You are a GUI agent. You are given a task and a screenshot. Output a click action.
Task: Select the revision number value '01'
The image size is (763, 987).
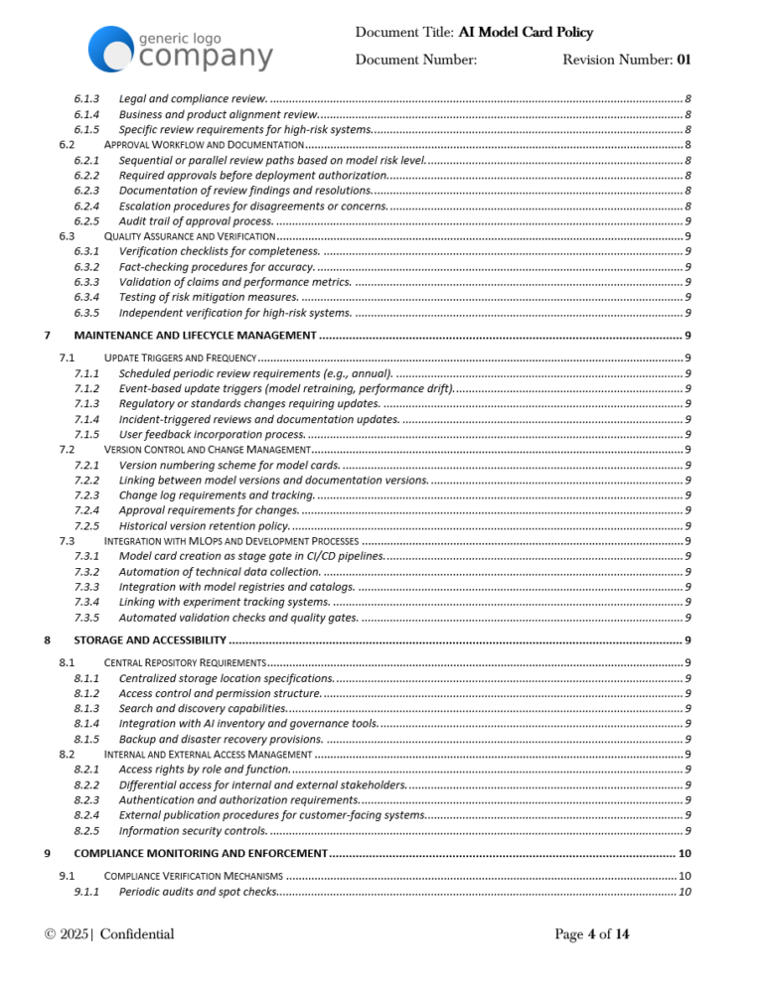(684, 60)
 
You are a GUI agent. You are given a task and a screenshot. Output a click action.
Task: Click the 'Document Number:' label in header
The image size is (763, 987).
(416, 60)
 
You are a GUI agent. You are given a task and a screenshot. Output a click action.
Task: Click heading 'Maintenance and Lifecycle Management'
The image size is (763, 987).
(196, 335)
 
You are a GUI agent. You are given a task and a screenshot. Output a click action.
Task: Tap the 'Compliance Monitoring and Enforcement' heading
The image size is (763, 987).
(201, 853)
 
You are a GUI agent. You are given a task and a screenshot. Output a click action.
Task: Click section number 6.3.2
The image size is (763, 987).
(86, 266)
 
